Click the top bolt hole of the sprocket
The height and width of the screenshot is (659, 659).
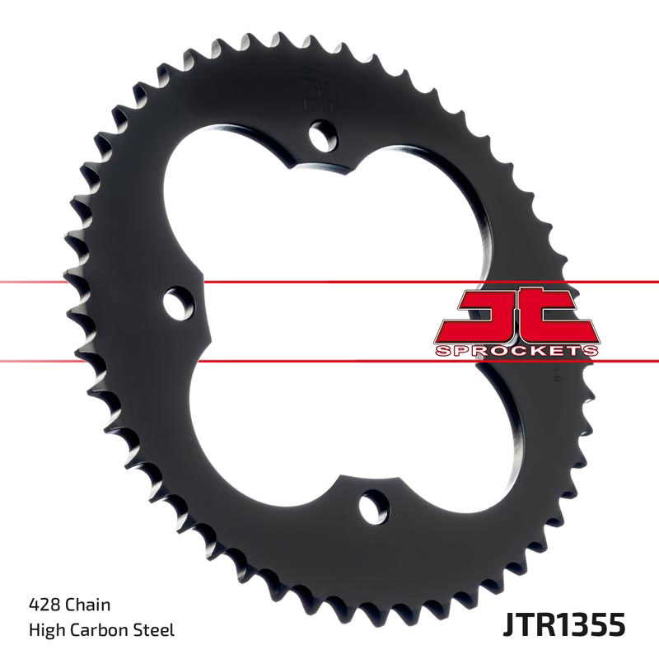pyautogui.click(x=324, y=133)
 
